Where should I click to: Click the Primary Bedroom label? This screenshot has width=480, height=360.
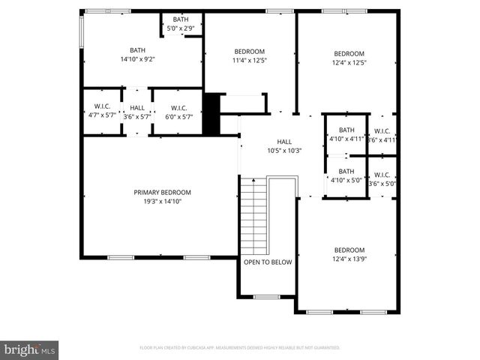162,192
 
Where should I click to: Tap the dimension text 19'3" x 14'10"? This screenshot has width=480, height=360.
162,201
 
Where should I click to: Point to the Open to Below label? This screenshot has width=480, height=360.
267,262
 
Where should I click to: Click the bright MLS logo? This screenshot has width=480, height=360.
30,349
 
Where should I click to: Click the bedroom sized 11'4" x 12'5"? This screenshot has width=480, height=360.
250,56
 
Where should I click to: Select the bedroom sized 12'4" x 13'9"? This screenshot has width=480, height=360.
349,255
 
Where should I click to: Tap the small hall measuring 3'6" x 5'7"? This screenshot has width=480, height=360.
137,112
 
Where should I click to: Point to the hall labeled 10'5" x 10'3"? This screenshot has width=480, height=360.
284,145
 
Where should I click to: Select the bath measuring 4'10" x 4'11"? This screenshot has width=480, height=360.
346,133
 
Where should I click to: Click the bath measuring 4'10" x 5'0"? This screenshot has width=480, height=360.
346,175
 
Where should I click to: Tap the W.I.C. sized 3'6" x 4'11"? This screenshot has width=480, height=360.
382,135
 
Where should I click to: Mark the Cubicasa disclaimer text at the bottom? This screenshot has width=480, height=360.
240,348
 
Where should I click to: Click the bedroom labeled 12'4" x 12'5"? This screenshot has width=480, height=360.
349,58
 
